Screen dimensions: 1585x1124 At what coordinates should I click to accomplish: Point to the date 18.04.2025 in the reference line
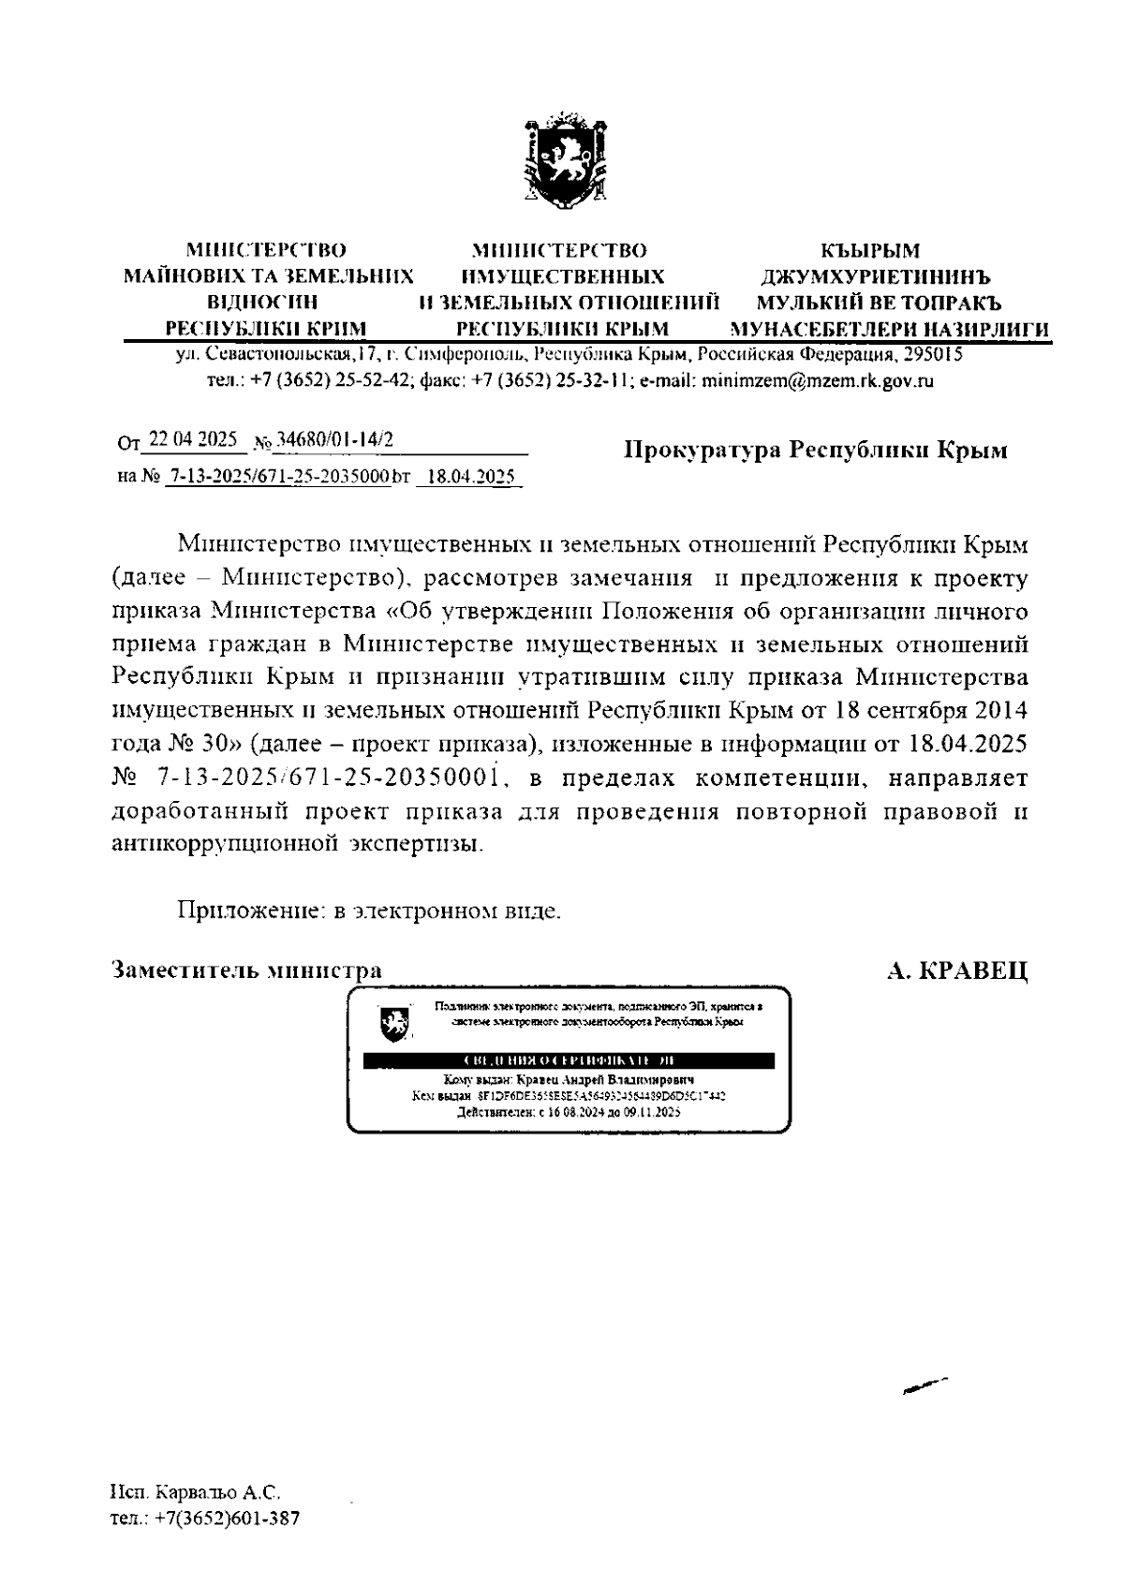[x=468, y=477]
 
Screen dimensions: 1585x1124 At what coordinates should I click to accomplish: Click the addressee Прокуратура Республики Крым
[x=816, y=451]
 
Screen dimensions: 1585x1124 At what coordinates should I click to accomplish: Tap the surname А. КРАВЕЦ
[x=957, y=971]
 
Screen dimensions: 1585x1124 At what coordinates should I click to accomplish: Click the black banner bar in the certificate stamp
[x=569, y=1060]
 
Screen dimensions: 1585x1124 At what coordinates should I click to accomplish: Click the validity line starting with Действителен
[x=568, y=1113]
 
